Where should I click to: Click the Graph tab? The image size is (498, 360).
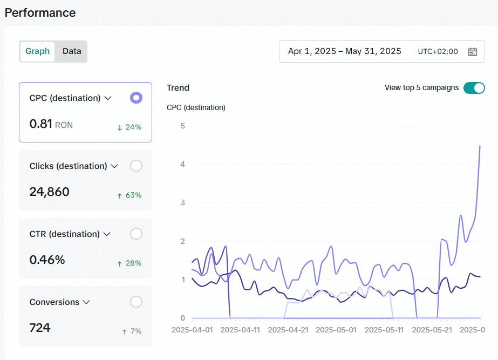37,51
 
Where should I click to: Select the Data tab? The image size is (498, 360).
72,51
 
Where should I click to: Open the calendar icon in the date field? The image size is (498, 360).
472,51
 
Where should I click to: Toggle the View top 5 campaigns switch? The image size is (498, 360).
474,88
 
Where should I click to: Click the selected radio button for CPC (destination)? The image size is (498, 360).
136,98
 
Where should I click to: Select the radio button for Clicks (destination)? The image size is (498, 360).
136,166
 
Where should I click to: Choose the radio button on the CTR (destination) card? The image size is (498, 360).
136,234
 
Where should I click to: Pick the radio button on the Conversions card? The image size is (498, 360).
136,302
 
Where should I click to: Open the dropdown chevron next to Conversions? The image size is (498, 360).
86,302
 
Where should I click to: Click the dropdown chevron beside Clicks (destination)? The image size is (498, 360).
114,166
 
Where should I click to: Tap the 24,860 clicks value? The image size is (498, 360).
49,192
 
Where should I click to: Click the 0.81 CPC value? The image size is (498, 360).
40,124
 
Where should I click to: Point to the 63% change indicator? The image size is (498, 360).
129,195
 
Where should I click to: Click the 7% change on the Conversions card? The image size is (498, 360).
132,331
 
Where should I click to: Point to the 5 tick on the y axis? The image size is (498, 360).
182,126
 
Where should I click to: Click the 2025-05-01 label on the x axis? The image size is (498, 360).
336,330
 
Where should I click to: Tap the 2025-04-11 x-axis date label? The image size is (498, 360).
240,330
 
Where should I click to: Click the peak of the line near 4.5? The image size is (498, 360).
480,146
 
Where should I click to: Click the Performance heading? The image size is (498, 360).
40,13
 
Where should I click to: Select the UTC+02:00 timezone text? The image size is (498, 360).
438,51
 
